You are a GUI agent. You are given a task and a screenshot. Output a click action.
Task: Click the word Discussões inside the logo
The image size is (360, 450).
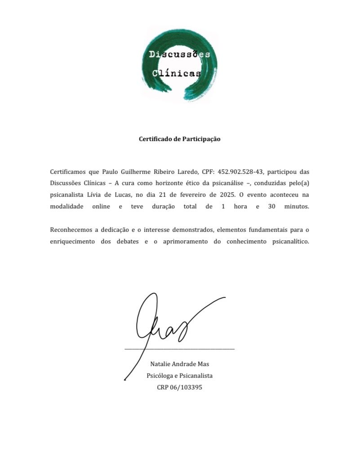179,55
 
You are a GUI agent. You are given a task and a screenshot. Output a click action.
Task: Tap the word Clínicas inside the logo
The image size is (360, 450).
177,73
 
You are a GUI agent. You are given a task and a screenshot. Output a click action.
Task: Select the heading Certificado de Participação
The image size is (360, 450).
179,139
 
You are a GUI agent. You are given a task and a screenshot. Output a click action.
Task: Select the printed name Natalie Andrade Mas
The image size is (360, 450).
179,364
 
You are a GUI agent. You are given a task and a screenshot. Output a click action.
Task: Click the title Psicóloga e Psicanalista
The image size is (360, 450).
179,375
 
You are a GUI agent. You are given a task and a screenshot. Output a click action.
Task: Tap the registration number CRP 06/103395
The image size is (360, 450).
179,387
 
